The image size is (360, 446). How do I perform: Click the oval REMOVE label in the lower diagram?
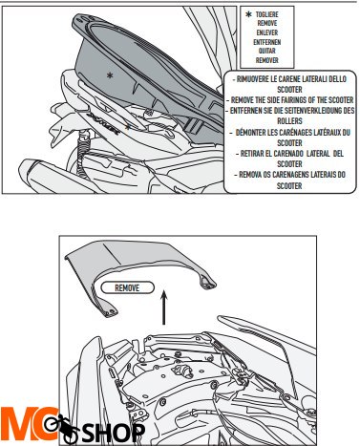point(127,287)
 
